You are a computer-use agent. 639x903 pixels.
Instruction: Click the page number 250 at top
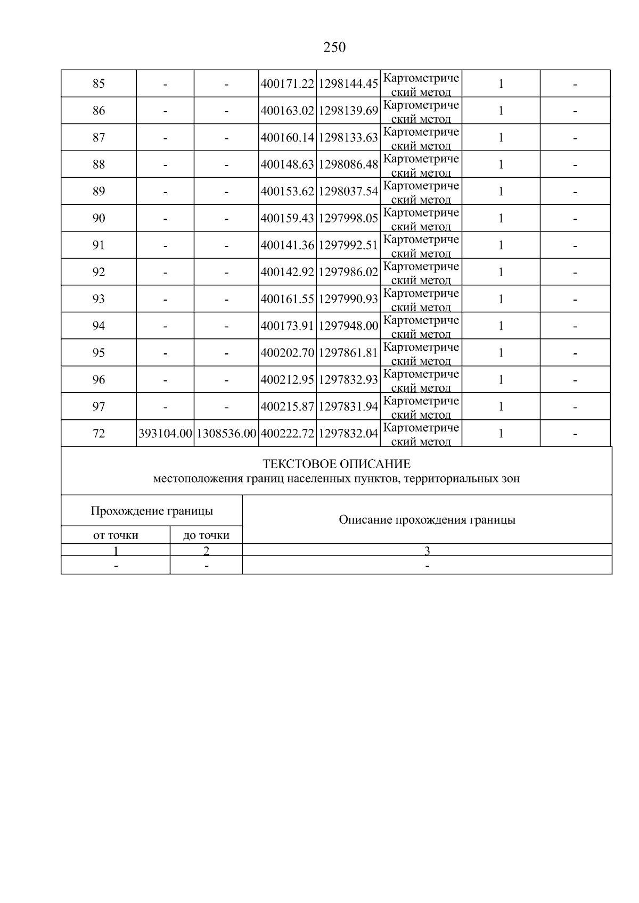334,47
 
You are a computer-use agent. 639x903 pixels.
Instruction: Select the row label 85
99,84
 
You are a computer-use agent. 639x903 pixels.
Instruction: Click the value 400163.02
288,111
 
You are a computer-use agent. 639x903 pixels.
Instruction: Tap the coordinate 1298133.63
348,138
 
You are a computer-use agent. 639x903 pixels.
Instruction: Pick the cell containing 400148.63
288,164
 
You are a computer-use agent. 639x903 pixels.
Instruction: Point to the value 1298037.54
348,192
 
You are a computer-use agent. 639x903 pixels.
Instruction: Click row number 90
99,218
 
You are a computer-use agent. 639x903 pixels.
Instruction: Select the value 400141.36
288,245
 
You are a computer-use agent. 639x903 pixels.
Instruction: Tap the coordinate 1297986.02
348,272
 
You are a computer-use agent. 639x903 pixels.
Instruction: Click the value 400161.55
288,299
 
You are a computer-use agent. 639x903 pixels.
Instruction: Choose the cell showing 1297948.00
348,326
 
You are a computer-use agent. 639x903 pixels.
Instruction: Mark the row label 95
99,353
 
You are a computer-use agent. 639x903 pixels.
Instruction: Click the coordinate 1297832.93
348,380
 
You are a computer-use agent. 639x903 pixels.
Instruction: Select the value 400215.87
288,407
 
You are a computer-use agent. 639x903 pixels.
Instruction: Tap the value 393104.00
165,434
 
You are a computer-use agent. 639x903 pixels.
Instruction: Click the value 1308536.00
226,434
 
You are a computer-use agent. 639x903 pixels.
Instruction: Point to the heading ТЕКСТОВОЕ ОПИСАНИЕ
337,463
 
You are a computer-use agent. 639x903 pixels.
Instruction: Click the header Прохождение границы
152,511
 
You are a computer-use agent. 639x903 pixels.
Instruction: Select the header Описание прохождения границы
427,520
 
